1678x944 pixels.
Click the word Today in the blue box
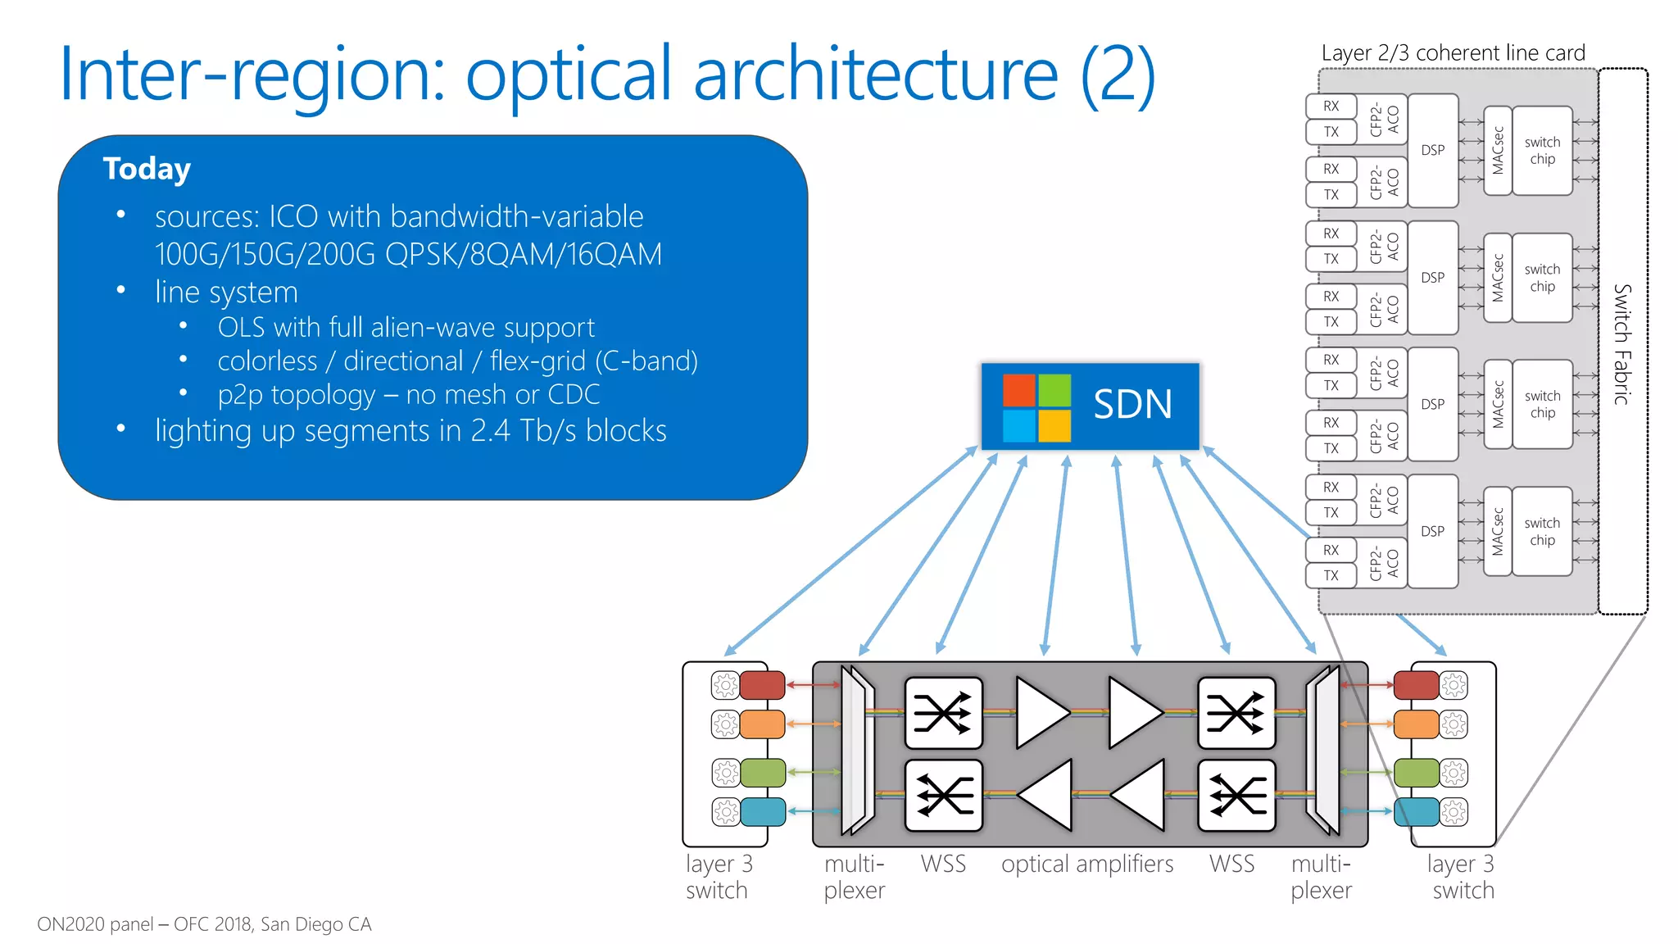click(147, 169)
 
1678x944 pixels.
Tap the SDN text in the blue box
click(1132, 405)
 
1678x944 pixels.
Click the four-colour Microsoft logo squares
click(1036, 407)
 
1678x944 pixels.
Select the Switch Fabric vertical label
click(1622, 344)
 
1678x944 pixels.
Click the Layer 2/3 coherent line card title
click(1453, 53)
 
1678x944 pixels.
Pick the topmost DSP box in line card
click(1433, 151)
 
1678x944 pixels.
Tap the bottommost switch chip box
click(1542, 532)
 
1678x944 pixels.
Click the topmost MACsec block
click(1498, 151)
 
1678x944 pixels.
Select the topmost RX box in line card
click(1331, 107)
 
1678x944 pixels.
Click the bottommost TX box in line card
click(1331, 575)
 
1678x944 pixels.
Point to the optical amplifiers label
click(1087, 865)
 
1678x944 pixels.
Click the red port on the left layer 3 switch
click(762, 685)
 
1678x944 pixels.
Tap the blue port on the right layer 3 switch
click(1416, 811)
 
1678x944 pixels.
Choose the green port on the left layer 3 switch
click(762, 773)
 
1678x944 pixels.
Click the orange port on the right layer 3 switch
click(1416, 724)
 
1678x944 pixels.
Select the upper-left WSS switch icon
click(943, 713)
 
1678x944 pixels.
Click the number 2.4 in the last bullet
click(491, 431)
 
